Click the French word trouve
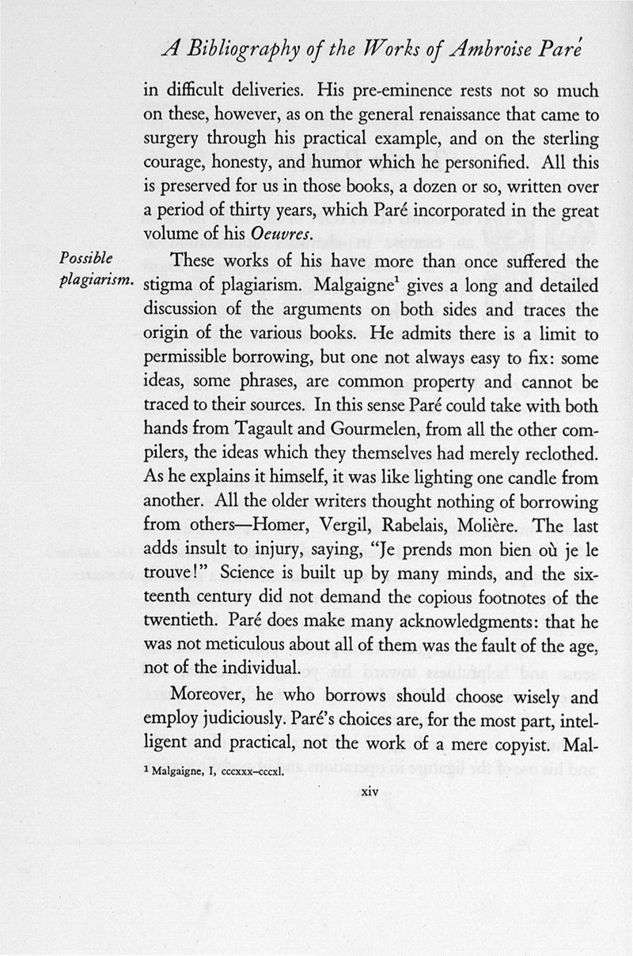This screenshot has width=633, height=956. coord(168,575)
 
